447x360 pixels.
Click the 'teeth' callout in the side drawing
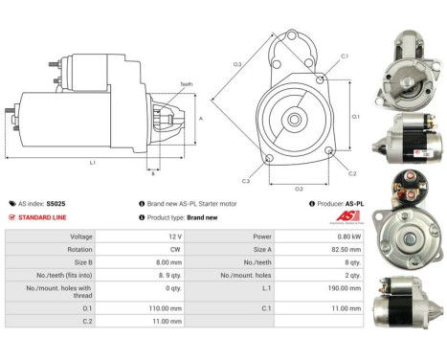pyautogui.click(x=186, y=84)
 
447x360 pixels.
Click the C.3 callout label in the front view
pyautogui.click(x=246, y=180)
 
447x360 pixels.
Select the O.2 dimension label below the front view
pyautogui.click(x=298, y=188)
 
